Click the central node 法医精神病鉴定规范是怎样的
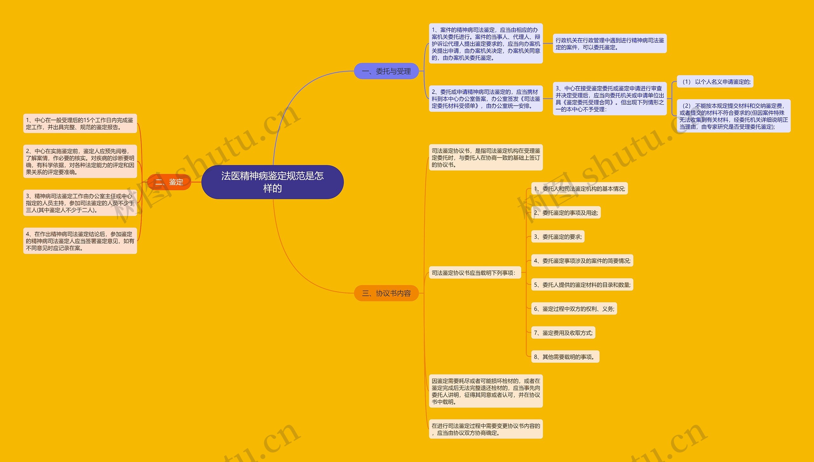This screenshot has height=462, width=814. tap(272, 182)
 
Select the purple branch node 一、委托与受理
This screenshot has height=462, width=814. tap(386, 71)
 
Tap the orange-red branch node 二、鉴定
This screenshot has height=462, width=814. tap(169, 182)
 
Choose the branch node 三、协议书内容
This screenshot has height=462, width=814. tap(386, 293)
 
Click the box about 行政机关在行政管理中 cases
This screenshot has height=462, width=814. tap(610, 44)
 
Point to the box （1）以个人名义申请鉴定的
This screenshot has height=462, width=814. tap(715, 82)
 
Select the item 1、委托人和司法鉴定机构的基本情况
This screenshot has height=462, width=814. tap(579, 189)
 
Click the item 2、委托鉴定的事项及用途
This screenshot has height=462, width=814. tap(566, 213)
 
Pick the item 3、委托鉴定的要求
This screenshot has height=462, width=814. tap(558, 237)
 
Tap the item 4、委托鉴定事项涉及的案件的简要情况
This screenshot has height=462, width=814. tap(582, 261)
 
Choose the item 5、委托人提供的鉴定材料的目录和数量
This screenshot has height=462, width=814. tap(582, 285)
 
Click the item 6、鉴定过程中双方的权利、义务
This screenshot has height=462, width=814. tap(574, 309)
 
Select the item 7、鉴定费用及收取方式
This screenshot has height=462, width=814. tap(563, 333)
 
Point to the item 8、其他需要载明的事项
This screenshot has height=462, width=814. tap(565, 357)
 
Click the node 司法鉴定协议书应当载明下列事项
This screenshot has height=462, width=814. tap(475, 273)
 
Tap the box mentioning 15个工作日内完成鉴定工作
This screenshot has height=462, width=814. tap(80, 123)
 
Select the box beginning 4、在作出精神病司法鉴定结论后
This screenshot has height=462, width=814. tap(80, 241)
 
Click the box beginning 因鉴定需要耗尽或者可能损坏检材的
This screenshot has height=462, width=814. tap(486, 391)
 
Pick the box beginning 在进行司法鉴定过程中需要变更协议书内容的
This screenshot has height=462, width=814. tap(486, 429)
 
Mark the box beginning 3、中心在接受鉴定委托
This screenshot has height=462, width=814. tap(610, 99)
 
